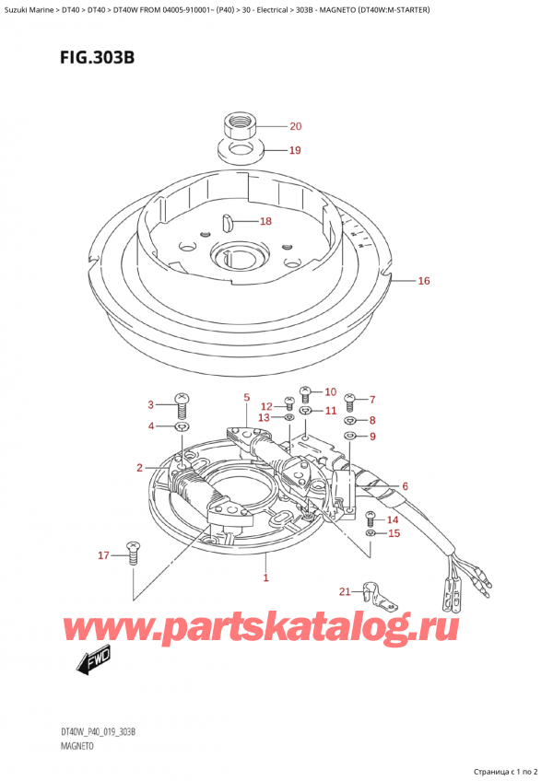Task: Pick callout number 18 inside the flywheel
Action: (265, 221)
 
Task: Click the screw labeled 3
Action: (182, 402)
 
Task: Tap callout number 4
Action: (152, 425)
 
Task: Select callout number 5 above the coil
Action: (247, 398)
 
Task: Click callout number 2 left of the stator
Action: (140, 468)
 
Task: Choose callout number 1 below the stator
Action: (266, 577)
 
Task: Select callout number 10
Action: (330, 391)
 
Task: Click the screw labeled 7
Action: (349, 402)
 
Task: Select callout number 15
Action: (394, 533)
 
